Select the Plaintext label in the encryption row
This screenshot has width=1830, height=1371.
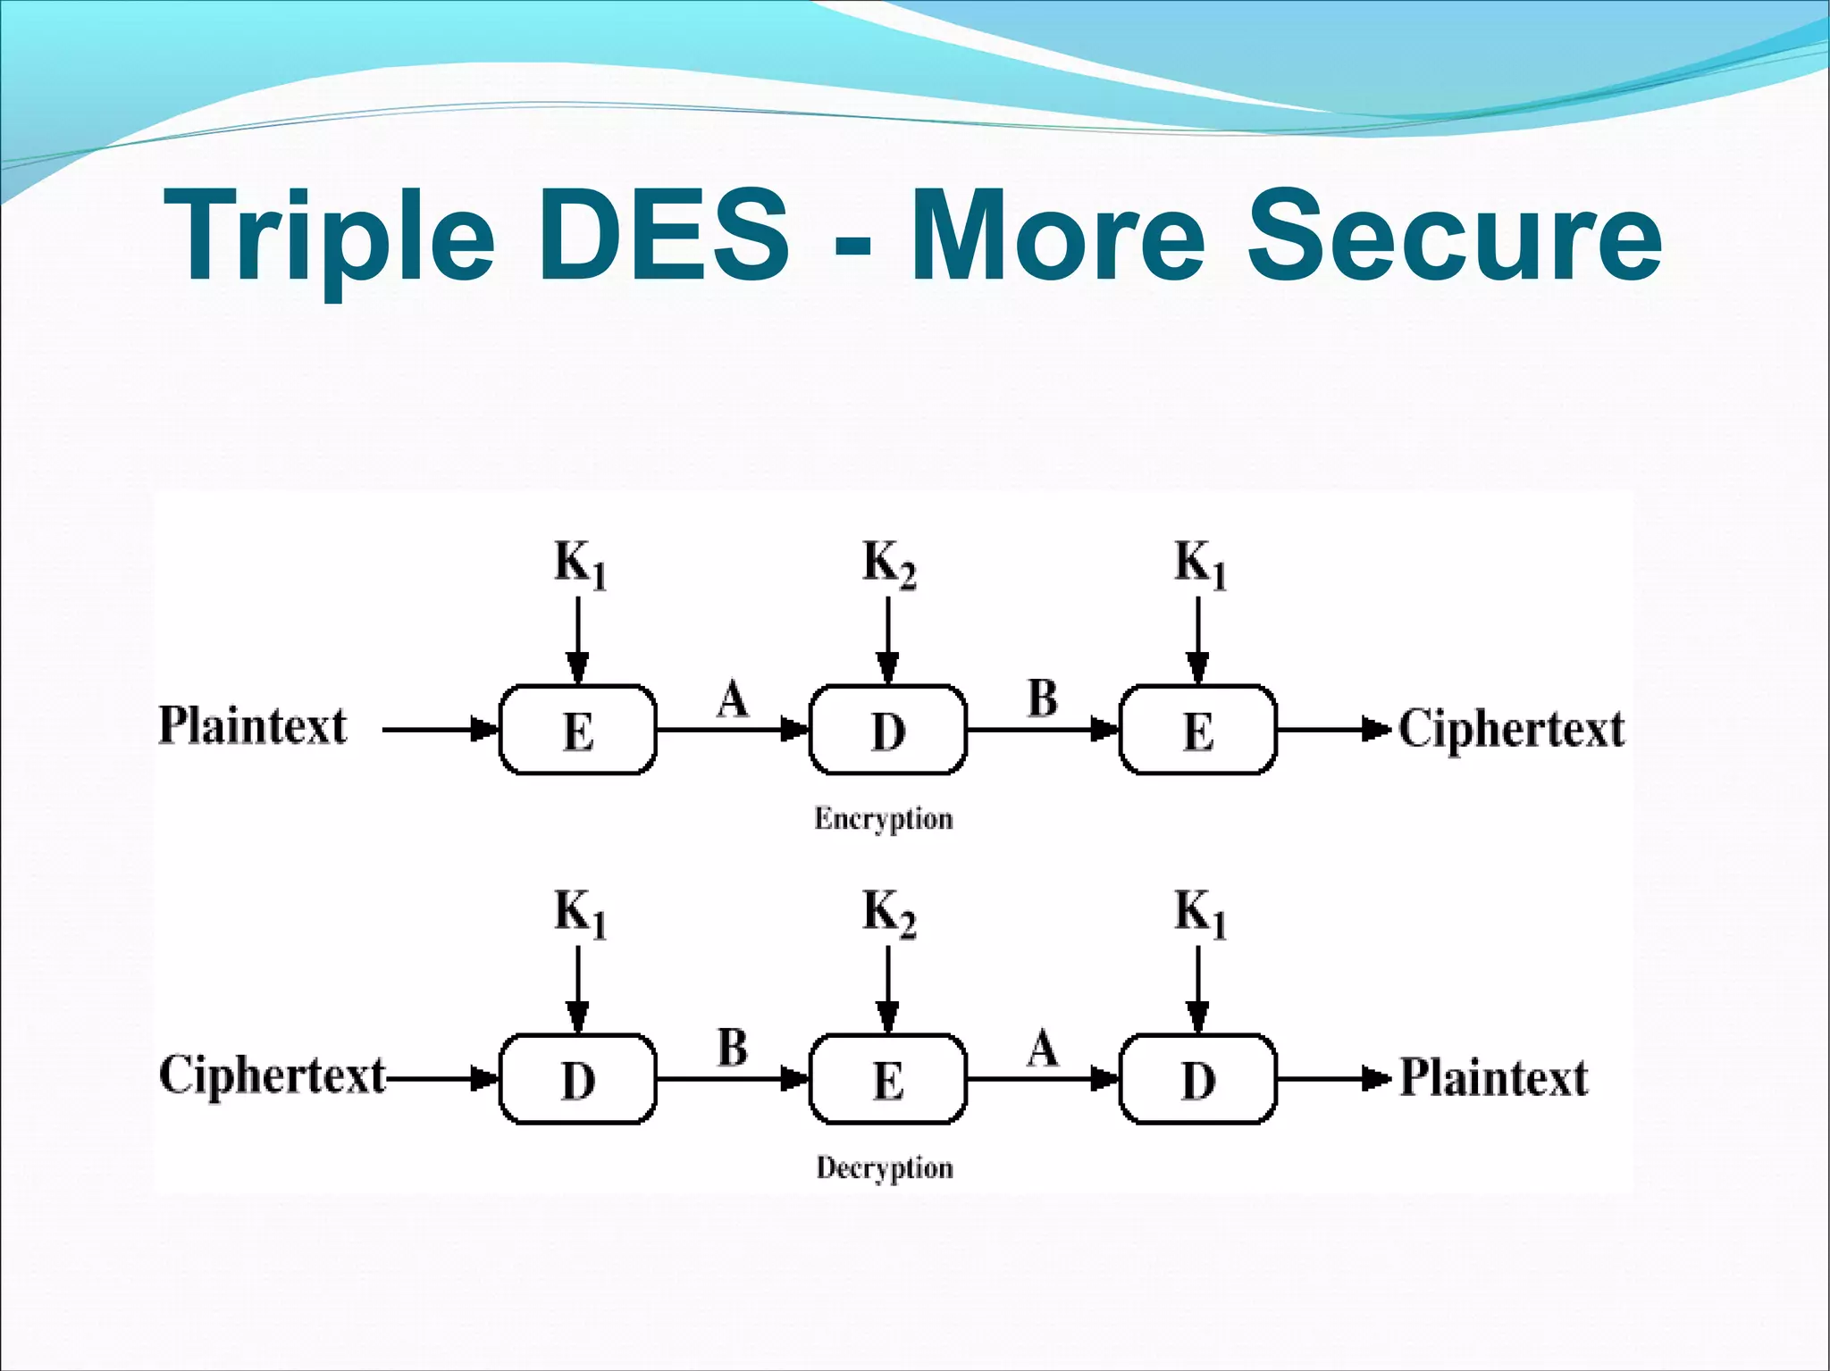(253, 726)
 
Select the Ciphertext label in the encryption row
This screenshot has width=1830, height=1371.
(1511, 729)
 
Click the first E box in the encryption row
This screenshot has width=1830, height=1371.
(578, 730)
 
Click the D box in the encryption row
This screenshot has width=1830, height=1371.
(888, 730)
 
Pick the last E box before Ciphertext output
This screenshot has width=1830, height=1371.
(1198, 730)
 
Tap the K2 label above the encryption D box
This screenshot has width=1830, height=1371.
(889, 564)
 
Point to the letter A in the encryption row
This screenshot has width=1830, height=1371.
(733, 698)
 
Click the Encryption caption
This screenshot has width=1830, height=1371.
(884, 819)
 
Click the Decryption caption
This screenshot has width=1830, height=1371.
(885, 1168)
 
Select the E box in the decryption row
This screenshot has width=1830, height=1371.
(888, 1079)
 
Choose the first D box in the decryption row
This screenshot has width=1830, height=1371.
(578, 1079)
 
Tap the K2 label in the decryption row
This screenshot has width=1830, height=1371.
(889, 914)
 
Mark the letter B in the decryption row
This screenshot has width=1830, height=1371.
(733, 1048)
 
